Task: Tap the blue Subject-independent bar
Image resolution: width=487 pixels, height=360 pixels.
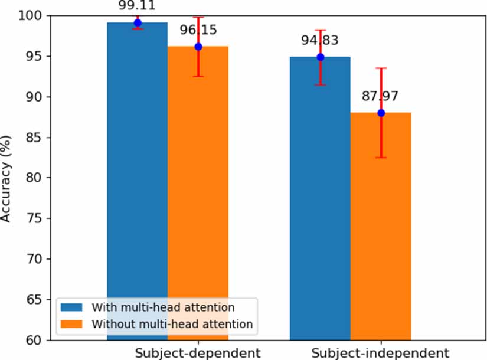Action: (x=320, y=201)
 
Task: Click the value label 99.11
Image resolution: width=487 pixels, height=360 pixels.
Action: (x=137, y=5)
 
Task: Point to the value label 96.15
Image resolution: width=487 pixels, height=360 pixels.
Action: (x=198, y=30)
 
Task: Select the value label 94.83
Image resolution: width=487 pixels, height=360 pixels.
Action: (x=321, y=41)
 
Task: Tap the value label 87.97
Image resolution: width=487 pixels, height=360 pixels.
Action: (x=381, y=96)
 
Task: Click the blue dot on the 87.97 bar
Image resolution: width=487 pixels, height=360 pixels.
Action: (x=381, y=113)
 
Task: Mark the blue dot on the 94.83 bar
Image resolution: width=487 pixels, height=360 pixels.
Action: (x=320, y=57)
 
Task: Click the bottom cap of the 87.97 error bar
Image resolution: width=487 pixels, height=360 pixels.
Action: (x=381, y=158)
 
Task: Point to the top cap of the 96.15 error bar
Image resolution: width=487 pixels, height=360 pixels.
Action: (x=198, y=18)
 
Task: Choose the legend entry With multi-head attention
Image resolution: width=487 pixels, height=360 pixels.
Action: (x=163, y=307)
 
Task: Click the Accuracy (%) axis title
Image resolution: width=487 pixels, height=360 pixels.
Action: (x=7, y=178)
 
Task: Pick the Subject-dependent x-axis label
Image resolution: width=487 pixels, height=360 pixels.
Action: (x=198, y=353)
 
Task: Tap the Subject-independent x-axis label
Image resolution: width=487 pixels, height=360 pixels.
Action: (x=380, y=353)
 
